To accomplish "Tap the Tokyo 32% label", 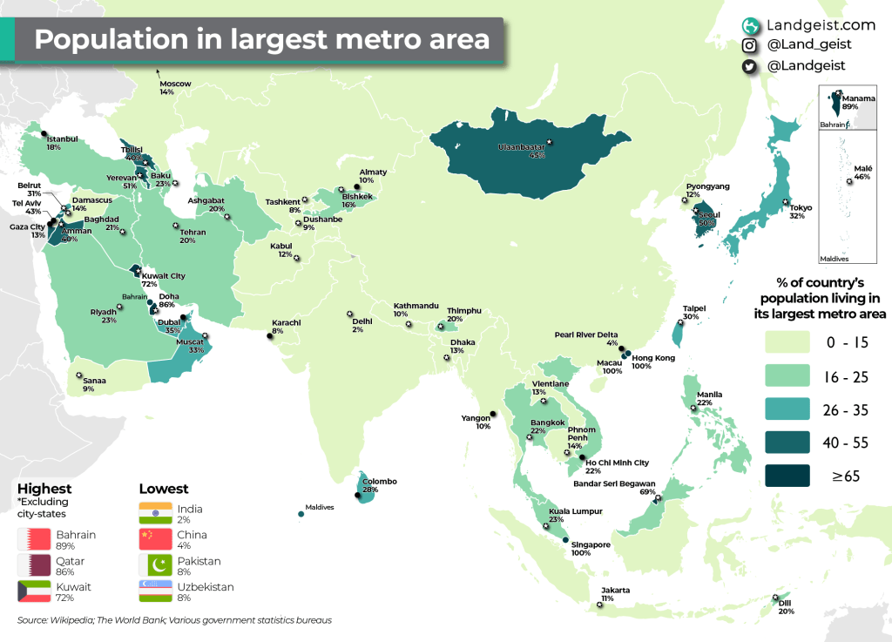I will pyautogui.click(x=801, y=212).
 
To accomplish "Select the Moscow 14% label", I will pyautogui.click(x=174, y=88).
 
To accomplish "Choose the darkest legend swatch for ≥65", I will pyautogui.click(x=795, y=476).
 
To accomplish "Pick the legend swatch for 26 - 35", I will pyautogui.click(x=795, y=409).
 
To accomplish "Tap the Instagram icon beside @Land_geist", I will pyautogui.click(x=749, y=45).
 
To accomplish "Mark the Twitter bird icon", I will pyautogui.click(x=749, y=65).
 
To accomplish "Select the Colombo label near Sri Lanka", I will pyautogui.click(x=381, y=486).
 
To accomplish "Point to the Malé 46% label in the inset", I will pyautogui.click(x=862, y=172).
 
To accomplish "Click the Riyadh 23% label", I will pyautogui.click(x=103, y=316).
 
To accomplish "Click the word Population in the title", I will pyautogui.click(x=106, y=41).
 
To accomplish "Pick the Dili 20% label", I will pyautogui.click(x=786, y=607).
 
